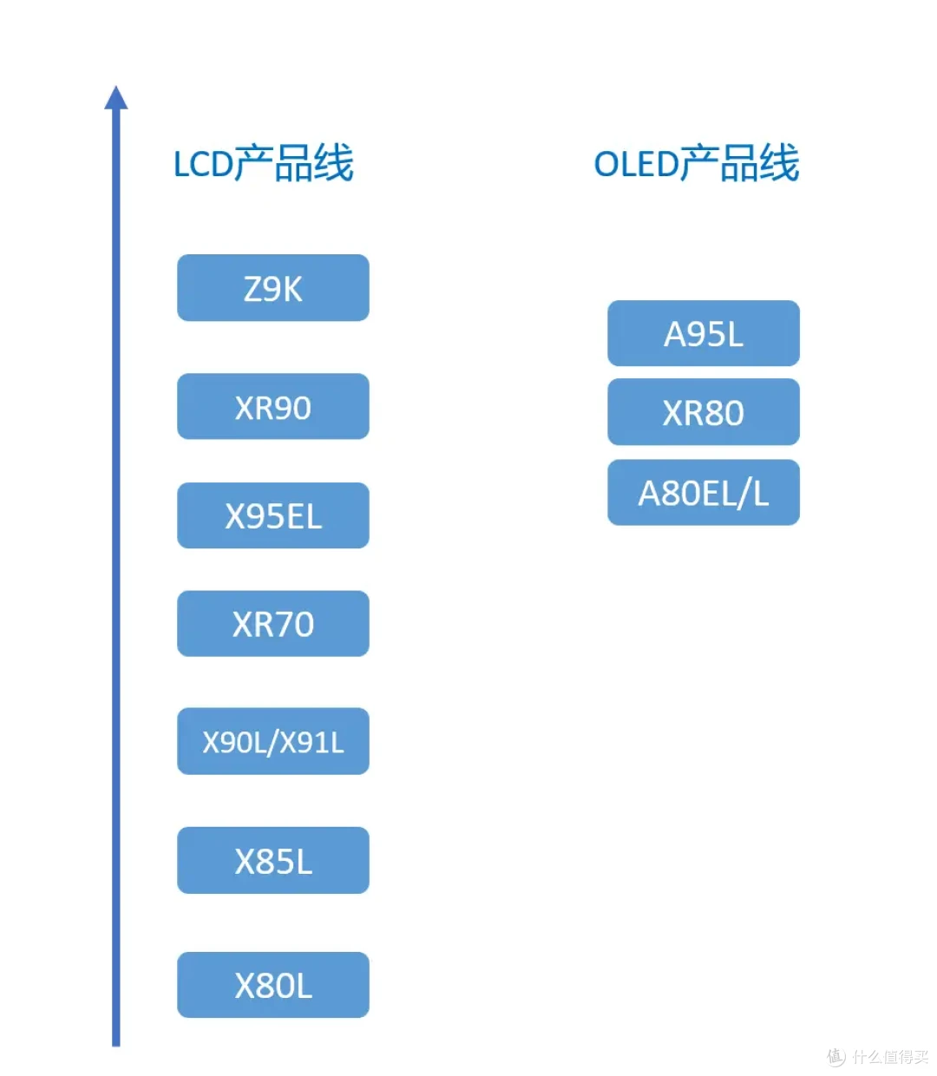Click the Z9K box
273,288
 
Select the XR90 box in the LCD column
273,406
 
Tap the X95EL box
273,515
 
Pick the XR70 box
273,624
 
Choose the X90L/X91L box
273,742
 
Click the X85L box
273,861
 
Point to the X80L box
273,985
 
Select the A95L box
704,333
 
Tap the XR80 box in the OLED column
704,412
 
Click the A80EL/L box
704,493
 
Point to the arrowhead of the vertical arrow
116,97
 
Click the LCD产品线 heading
264,163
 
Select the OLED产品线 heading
697,163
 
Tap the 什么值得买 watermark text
890,1056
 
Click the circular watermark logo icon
836,1057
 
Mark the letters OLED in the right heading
637,164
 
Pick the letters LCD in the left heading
204,164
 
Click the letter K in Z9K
293,289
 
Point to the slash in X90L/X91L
274,743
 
